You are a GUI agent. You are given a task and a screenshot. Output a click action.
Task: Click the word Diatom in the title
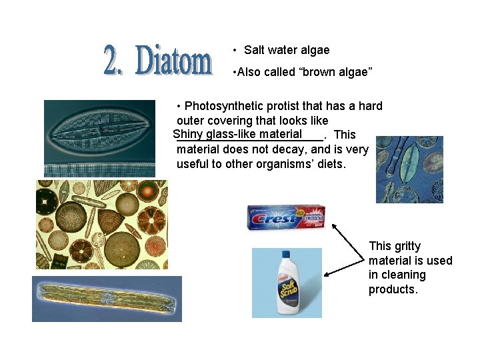tap(174, 61)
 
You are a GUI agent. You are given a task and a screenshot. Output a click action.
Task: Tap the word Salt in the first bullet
tap(255, 50)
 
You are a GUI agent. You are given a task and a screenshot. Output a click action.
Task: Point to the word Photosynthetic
tap(222, 106)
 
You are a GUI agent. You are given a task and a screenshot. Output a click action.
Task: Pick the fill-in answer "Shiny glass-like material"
tap(237, 134)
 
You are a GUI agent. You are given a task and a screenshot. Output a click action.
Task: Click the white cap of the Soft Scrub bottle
tap(285, 255)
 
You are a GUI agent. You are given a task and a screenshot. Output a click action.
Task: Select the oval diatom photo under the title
tap(99, 138)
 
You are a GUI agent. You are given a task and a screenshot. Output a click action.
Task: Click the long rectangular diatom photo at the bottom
tap(107, 298)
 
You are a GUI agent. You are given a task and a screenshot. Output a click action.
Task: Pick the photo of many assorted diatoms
tap(101, 224)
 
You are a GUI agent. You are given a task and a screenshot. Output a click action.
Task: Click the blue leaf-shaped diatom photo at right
tap(409, 169)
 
